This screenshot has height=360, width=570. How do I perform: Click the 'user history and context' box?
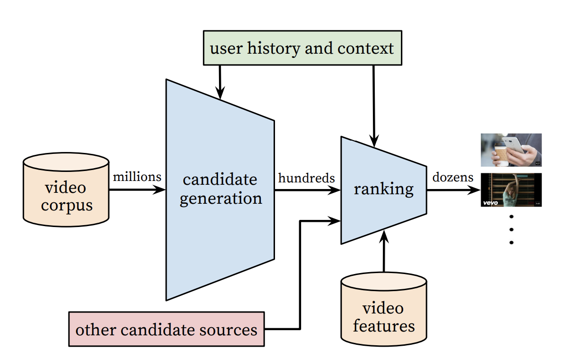[302, 48]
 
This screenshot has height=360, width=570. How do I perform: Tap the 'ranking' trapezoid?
[383, 189]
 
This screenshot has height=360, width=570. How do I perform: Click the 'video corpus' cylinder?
[66, 190]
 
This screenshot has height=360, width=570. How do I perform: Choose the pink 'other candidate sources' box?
[166, 329]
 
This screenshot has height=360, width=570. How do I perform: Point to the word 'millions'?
[137, 177]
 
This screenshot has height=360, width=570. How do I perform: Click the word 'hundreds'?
[306, 178]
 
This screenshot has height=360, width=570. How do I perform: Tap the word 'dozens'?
[453, 178]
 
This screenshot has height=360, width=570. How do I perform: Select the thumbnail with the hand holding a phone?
[511, 150]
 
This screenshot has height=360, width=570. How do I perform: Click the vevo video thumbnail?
[511, 190]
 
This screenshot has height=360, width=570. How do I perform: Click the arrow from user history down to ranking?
[374, 104]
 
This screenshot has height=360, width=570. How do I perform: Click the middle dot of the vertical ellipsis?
[512, 229]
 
